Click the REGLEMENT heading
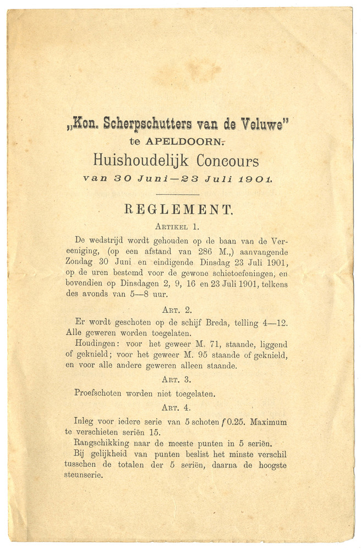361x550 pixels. coord(179,209)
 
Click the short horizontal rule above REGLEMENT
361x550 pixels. coord(178,194)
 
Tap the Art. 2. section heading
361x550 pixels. coord(178,309)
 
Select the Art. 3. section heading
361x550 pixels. coord(178,380)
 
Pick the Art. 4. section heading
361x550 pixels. coord(178,408)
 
